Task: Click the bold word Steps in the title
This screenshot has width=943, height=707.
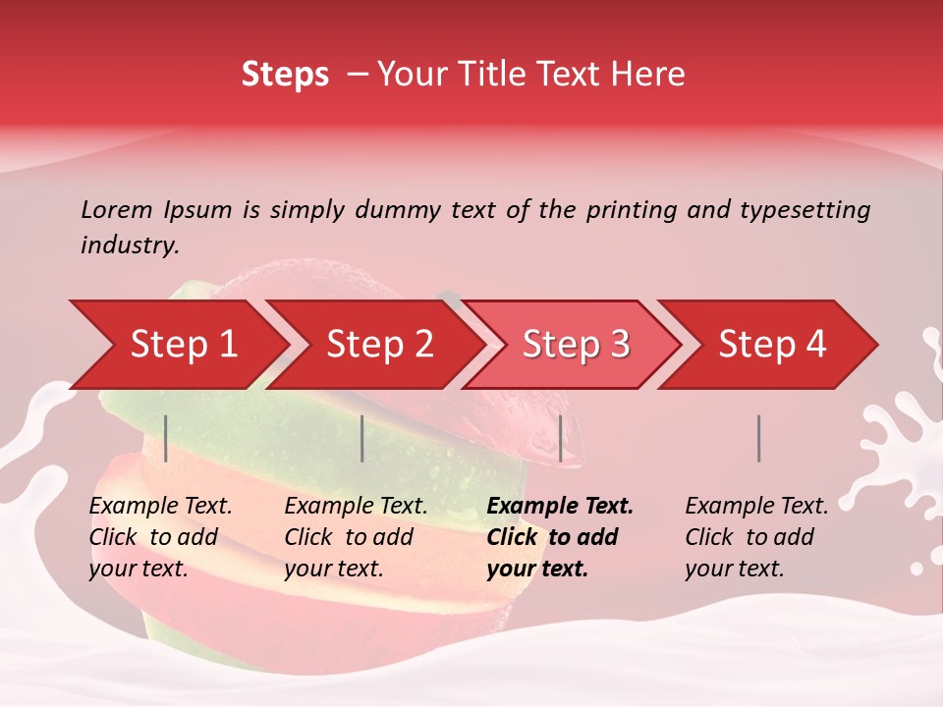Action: [285, 75]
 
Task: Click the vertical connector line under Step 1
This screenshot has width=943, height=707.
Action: [166, 438]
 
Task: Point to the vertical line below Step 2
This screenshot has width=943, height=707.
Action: [362, 438]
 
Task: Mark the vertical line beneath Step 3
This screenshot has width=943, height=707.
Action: [560, 438]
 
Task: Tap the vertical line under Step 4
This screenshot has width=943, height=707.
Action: [758, 438]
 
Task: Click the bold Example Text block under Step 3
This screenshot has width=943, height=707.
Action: [560, 537]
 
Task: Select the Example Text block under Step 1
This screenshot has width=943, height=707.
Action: [160, 537]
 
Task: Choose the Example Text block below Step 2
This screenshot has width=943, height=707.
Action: [356, 537]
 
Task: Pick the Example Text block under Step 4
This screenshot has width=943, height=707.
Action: [756, 537]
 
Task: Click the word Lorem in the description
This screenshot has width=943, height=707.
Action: [117, 209]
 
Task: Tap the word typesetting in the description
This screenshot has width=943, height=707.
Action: [804, 209]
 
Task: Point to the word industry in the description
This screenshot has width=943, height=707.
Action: [130, 245]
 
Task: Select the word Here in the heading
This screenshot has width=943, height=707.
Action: [650, 75]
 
